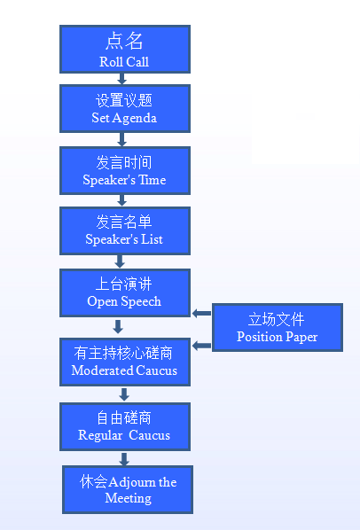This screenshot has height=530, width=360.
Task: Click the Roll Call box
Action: pyautogui.click(x=125, y=50)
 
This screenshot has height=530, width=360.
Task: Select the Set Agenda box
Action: pyautogui.click(x=125, y=108)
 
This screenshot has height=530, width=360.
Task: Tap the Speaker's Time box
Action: pyautogui.click(x=125, y=171)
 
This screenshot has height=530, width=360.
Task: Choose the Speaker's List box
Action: pyautogui.click(x=125, y=230)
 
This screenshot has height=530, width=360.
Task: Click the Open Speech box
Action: pyautogui.click(x=125, y=293)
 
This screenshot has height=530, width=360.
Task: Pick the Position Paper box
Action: pyautogui.click(x=278, y=328)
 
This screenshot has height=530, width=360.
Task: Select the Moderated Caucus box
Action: pyautogui.click(x=125, y=362)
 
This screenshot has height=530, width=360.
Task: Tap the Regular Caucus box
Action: pyautogui.click(x=125, y=426)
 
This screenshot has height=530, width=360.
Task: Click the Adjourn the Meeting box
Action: pyautogui.click(x=128, y=489)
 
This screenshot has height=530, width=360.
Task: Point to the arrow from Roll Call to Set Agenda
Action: pyautogui.click(x=121, y=79)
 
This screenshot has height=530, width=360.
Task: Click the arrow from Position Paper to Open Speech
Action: pyautogui.click(x=202, y=314)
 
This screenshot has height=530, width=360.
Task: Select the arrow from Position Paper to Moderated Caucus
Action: pyautogui.click(x=202, y=346)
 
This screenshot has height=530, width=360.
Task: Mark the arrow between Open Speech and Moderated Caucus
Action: pyautogui.click(x=118, y=326)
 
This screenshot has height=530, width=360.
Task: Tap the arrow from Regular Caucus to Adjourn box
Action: pyautogui.click(x=124, y=459)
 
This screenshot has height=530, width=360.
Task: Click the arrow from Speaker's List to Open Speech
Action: pyautogui.click(x=120, y=261)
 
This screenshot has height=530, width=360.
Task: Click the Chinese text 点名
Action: pyautogui.click(x=124, y=42)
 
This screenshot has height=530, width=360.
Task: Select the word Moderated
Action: pyautogui.click(x=103, y=370)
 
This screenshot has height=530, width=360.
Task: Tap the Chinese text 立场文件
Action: pyautogui.click(x=276, y=319)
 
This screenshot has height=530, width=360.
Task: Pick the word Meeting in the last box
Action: pyautogui.click(x=128, y=499)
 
